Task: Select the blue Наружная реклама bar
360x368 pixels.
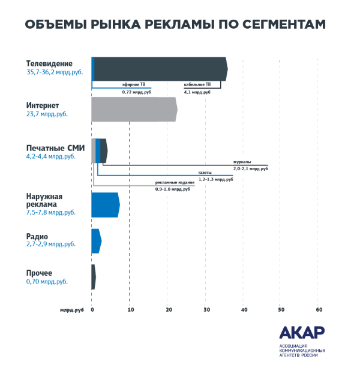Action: click(x=105, y=204)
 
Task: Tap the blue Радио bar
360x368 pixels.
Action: click(x=96, y=241)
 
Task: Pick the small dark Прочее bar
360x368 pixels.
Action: click(x=93, y=277)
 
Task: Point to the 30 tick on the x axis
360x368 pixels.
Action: click(x=206, y=310)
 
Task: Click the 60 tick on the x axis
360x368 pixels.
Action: click(x=319, y=310)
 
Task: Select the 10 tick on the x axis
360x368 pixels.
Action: click(x=130, y=310)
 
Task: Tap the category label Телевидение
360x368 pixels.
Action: click(x=49, y=64)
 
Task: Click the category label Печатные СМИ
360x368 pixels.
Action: click(x=56, y=148)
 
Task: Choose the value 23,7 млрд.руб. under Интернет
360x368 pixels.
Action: click(x=47, y=114)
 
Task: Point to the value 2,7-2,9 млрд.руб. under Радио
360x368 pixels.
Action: click(x=51, y=245)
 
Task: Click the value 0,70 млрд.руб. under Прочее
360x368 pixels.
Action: click(x=47, y=281)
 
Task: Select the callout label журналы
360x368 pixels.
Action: click(x=242, y=162)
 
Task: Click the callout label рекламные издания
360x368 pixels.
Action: click(x=175, y=182)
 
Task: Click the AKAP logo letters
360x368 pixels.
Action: click(x=302, y=333)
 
